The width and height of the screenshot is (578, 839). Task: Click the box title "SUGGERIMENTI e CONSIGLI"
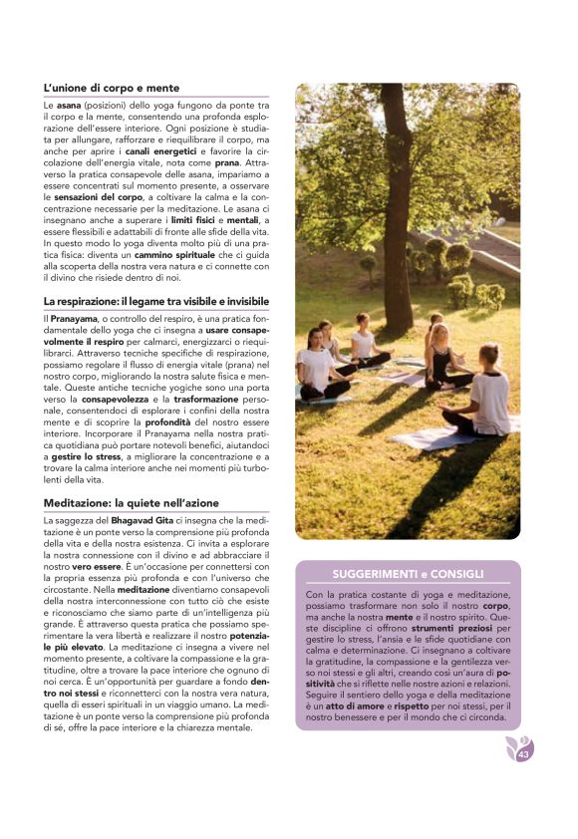coord(408,574)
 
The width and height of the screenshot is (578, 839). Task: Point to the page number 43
coord(523,754)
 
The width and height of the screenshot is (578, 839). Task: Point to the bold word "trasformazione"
coord(209,398)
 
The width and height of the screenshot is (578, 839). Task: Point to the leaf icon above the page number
coord(517,744)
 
